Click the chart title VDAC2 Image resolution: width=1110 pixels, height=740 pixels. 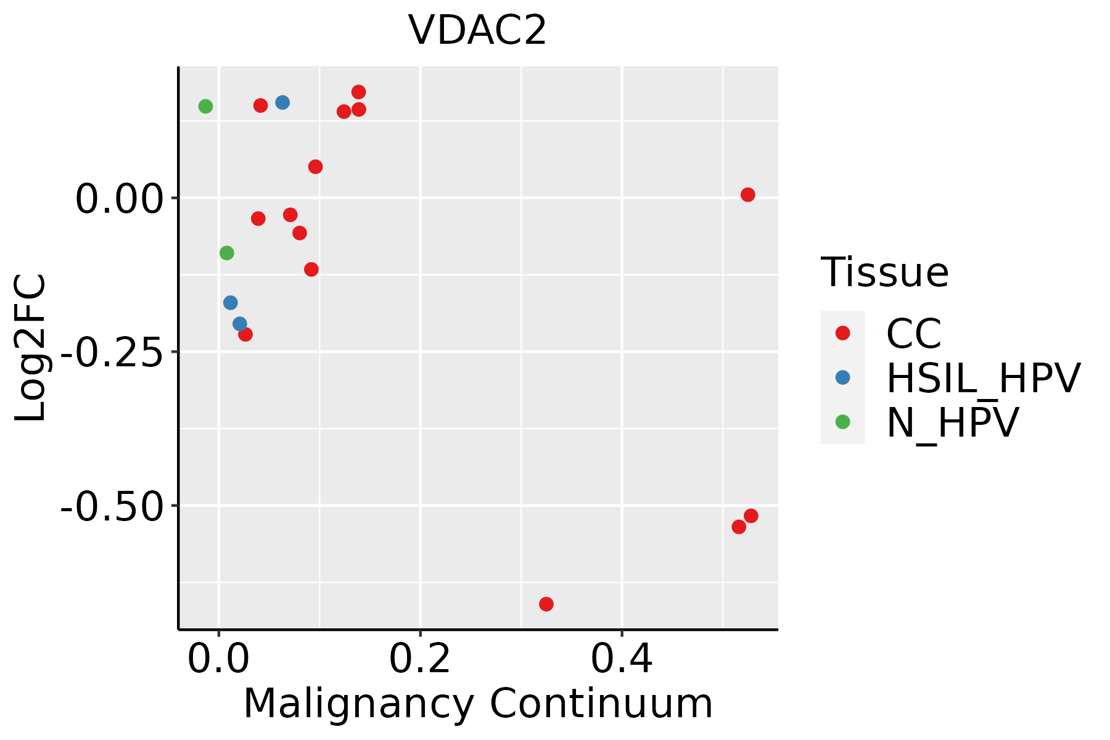477,30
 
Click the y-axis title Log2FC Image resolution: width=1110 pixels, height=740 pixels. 31,348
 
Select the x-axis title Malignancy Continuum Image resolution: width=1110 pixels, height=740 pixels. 478,704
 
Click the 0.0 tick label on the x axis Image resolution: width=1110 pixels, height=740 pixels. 219,659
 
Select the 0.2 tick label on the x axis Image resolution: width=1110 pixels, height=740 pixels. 420,659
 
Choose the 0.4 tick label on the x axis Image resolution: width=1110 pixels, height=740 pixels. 622,659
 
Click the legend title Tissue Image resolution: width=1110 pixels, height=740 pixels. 884,272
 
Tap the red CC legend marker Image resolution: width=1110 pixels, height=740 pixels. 842,333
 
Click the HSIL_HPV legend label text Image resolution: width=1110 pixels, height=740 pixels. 983,378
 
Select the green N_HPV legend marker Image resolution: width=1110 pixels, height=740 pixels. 842,422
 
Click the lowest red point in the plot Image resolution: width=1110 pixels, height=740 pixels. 546,604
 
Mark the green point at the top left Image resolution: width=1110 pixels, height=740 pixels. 205,106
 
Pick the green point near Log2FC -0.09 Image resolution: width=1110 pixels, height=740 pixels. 226,253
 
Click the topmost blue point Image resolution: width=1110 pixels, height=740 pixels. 282,102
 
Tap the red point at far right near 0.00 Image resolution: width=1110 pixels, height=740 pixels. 747,195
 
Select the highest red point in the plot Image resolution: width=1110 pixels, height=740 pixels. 358,92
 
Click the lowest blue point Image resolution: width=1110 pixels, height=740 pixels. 240,324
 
